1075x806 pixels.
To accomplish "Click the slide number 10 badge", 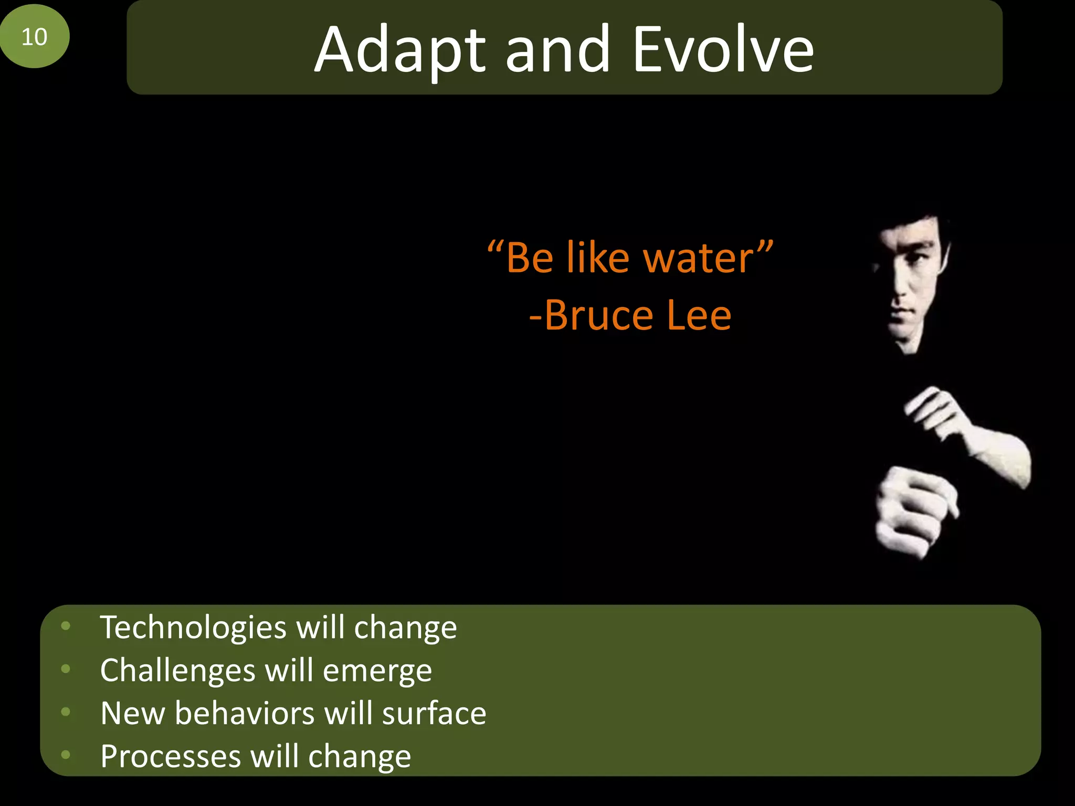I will pyautogui.click(x=35, y=36).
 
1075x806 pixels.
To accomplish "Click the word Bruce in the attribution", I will pyautogui.click(x=598, y=316).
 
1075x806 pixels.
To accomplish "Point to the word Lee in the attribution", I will pyautogui.click(x=699, y=316).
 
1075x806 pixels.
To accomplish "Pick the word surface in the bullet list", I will pyautogui.click(x=434, y=714).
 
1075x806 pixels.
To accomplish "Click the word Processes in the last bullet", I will pyautogui.click(x=170, y=757).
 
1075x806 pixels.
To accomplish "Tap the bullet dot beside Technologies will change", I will pyautogui.click(x=66, y=625).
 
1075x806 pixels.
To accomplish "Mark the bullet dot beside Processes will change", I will pyautogui.click(x=66, y=755).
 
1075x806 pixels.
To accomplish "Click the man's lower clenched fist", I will pyautogui.click(x=911, y=512).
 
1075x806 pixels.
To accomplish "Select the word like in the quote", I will pyautogui.click(x=598, y=258).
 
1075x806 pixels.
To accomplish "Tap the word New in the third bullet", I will pyautogui.click(x=132, y=714).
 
